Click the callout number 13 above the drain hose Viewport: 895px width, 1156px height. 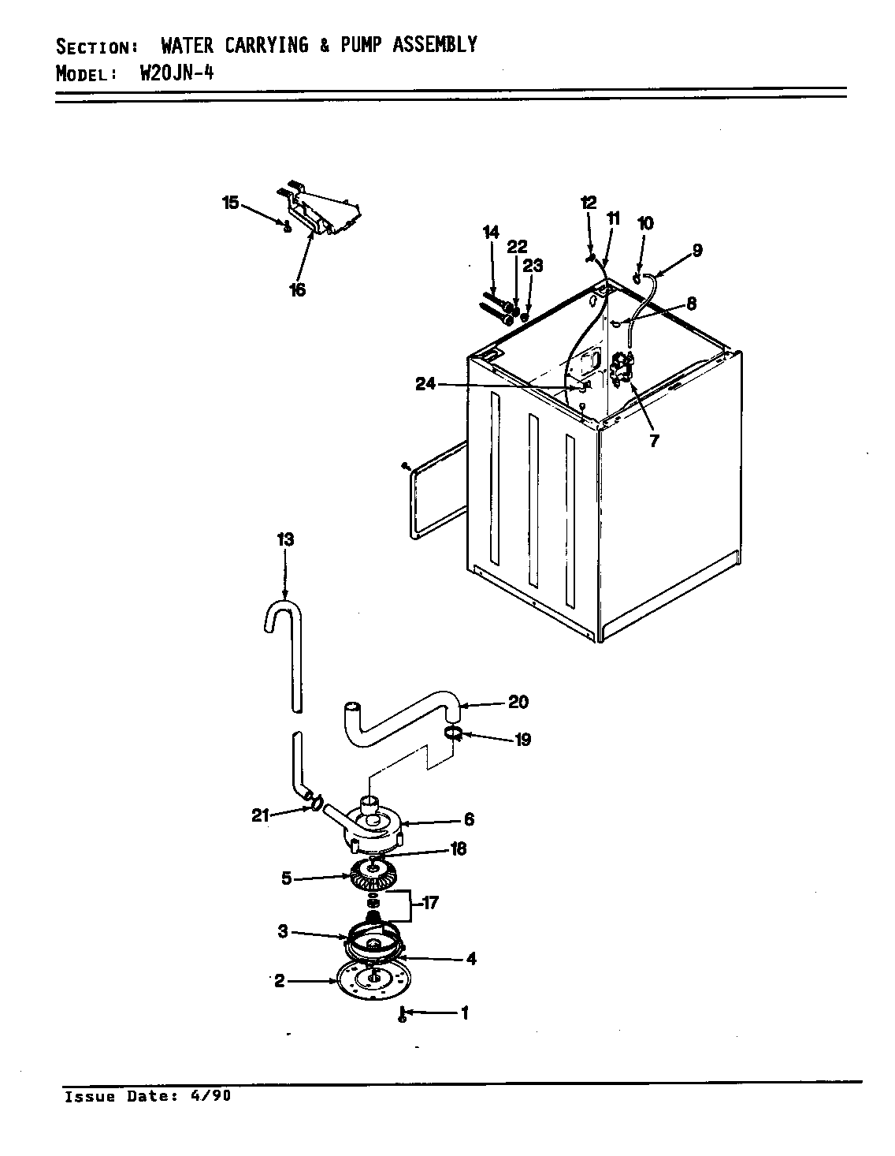285,539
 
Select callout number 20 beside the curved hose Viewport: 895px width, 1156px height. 518,702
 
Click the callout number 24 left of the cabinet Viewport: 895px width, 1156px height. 426,384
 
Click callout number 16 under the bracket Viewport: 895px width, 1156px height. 296,290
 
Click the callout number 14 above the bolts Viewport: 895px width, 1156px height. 491,232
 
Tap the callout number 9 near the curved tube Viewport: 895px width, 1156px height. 696,251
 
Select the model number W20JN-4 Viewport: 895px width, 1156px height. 177,74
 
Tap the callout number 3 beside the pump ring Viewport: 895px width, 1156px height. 282,932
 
